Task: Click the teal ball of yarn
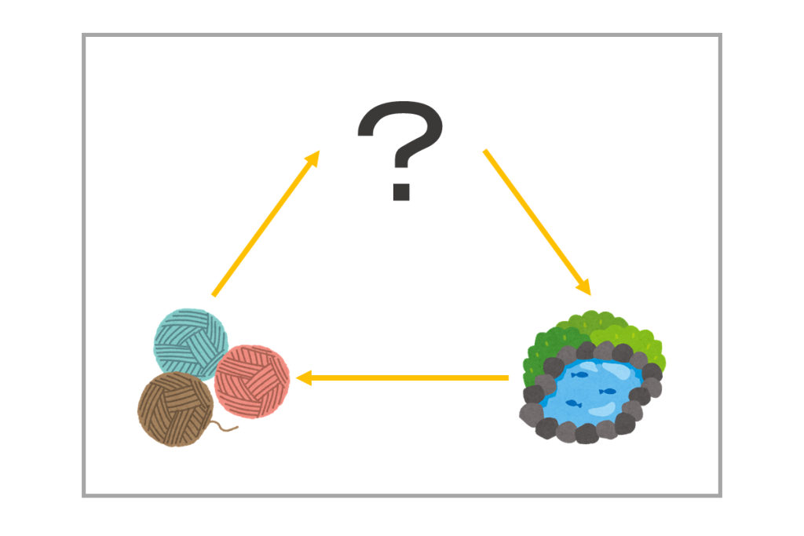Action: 191,343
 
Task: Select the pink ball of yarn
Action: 252,381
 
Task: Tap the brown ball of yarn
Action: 176,410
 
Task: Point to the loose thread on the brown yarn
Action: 225,426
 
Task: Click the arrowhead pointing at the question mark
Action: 312,159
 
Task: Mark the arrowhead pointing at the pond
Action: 583,287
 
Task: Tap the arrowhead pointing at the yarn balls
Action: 304,378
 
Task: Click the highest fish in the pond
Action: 579,375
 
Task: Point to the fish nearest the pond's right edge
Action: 608,392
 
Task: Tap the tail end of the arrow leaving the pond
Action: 508,378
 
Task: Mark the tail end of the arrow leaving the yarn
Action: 214,295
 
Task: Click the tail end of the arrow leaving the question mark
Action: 484,151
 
